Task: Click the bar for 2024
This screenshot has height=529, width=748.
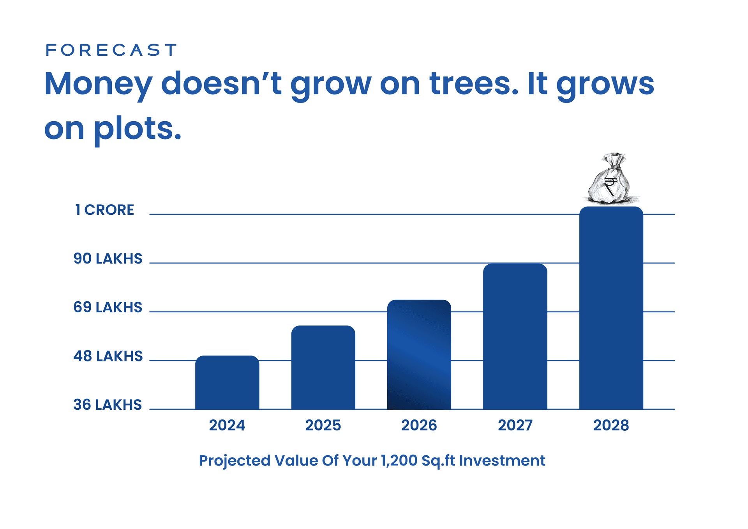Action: tap(227, 382)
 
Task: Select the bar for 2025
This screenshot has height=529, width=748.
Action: tap(323, 367)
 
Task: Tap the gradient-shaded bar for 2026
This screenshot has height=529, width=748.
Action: tap(419, 354)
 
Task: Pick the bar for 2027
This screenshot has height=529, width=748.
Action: tap(515, 336)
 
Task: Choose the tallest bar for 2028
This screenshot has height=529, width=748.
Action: tap(611, 308)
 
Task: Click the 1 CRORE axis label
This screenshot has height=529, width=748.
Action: tap(104, 210)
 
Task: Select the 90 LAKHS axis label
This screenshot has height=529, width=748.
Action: tap(108, 258)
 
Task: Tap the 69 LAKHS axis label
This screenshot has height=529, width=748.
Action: tap(108, 307)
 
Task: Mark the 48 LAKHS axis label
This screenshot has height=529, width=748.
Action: tap(108, 356)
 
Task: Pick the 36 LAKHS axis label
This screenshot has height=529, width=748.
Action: tap(108, 405)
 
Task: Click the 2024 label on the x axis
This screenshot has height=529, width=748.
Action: tap(227, 425)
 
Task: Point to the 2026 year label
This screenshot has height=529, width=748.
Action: tap(419, 425)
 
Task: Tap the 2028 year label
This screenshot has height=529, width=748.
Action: tap(611, 425)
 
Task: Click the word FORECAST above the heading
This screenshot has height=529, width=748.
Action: tap(111, 50)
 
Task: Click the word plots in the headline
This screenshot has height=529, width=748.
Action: tap(137, 129)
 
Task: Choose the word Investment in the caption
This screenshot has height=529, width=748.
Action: tap(502, 460)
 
